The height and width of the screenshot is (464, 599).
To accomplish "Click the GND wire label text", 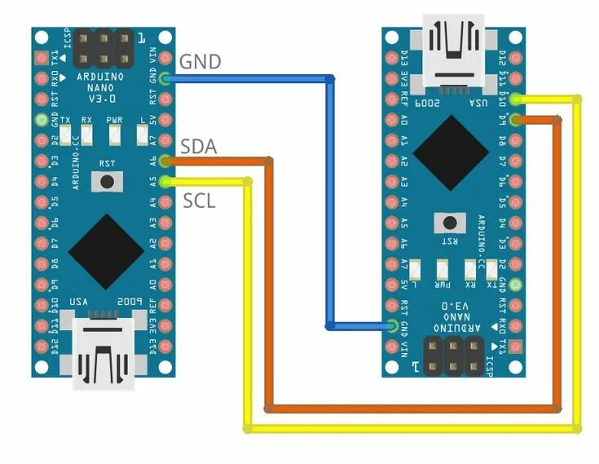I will click(x=199, y=61).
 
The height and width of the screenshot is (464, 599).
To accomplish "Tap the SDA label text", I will click(x=198, y=147).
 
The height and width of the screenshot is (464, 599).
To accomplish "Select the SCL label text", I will click(x=199, y=201).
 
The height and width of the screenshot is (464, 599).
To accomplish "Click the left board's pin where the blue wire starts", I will click(x=166, y=79).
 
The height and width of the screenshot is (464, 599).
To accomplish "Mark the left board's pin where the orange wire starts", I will click(x=166, y=161).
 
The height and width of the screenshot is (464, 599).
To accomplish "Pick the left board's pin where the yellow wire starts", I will click(x=166, y=181).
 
